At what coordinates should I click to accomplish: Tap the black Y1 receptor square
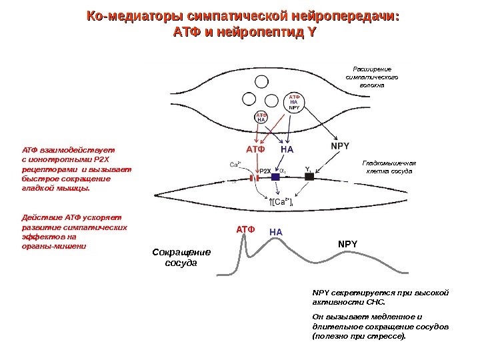(x=309, y=177)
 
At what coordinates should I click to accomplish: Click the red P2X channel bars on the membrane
(x=253, y=178)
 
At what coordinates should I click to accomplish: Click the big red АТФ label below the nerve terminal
(x=255, y=149)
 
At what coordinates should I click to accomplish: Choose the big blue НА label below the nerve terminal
(x=287, y=149)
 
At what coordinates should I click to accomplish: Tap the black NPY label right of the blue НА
(x=340, y=145)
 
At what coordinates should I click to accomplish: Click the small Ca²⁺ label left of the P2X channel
(x=235, y=163)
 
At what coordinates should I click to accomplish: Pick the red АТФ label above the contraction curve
(x=245, y=229)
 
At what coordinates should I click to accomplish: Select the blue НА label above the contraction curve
(x=276, y=232)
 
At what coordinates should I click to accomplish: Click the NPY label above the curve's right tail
(x=347, y=244)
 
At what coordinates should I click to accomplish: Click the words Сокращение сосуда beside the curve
(x=181, y=257)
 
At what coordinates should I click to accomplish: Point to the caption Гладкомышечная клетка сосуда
(x=389, y=167)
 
